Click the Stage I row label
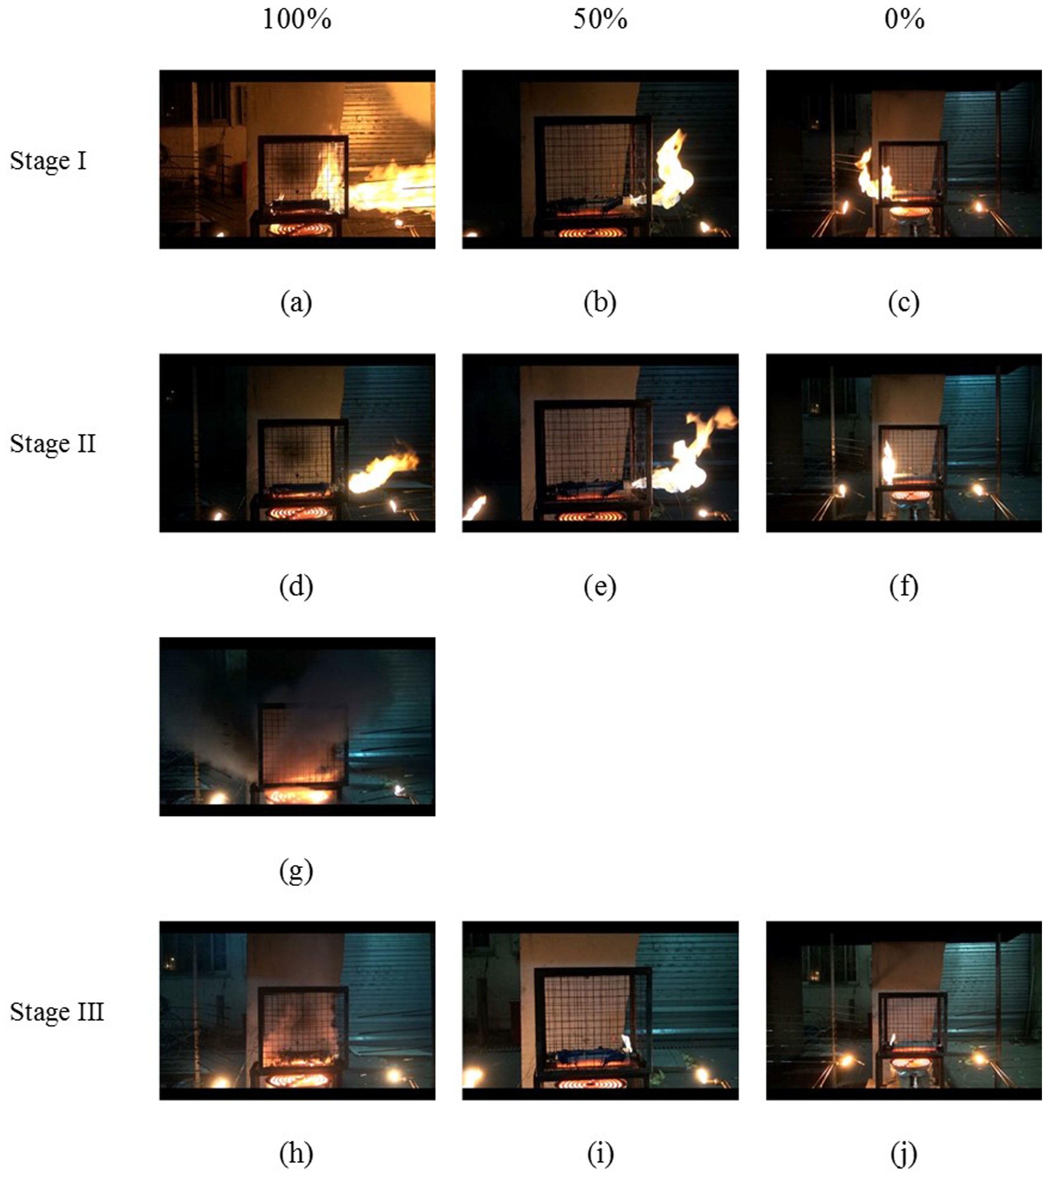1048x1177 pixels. pos(48,160)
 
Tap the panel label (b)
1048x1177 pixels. pos(600,302)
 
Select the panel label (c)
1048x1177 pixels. pos(904,302)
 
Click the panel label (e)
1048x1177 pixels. pos(600,587)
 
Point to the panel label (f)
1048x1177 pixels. pos(904,587)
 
